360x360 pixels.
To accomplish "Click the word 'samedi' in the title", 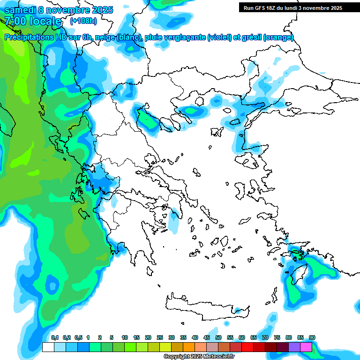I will click(x=20, y=9).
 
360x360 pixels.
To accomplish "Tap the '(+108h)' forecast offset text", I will click(x=83, y=21).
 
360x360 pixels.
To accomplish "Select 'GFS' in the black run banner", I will click(x=262, y=8).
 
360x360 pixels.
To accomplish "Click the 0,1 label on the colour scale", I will click(x=55, y=337).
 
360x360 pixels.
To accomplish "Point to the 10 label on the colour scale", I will click(x=125, y=337).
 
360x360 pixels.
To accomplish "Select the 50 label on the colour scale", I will click(x=218, y=337).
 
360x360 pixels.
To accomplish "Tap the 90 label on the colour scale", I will click(x=312, y=337).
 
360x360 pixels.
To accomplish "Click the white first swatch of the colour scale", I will click(x=48, y=347).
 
